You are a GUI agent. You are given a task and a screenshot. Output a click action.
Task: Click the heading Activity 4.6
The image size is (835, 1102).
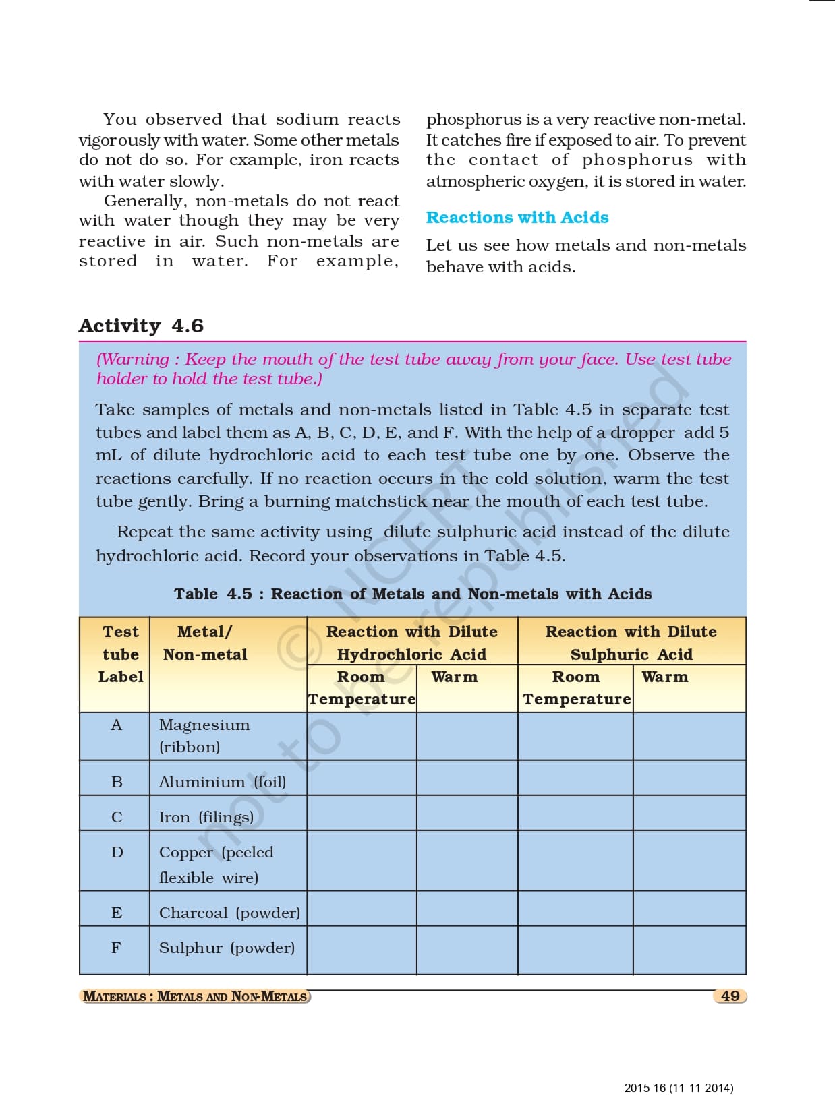coord(141,326)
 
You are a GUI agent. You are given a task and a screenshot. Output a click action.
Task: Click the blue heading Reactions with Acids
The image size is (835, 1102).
coord(517,218)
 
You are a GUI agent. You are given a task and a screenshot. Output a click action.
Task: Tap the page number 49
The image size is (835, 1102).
coord(730,996)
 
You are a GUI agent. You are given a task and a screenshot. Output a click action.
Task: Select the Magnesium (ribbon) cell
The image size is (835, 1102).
coord(204,735)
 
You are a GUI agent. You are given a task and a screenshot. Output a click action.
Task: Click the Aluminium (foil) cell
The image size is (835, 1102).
coord(222,782)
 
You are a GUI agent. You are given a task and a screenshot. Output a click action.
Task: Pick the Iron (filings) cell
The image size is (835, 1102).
coord(206,817)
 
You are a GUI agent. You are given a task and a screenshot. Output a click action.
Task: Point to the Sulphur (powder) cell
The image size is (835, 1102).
coord(227,948)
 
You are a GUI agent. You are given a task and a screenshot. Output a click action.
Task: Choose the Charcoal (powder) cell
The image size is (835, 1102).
coord(229,913)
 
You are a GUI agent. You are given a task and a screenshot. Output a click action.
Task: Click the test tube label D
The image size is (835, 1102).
coord(117,852)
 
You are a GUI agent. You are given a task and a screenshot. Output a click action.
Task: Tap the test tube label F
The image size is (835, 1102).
coord(116,948)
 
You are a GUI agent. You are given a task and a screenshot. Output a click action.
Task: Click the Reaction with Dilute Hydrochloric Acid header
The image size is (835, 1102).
coord(411,642)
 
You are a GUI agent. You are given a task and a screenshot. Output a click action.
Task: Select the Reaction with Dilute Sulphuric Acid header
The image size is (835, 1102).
coord(631,642)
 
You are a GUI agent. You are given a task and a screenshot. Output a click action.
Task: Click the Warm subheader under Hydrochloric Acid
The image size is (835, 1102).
coord(454,677)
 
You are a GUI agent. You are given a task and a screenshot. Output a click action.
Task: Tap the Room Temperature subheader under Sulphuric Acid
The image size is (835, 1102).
coord(576,687)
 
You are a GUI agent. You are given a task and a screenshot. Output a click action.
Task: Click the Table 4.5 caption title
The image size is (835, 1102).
coord(413,594)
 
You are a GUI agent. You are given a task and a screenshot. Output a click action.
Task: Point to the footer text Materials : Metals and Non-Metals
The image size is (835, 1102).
coord(195,996)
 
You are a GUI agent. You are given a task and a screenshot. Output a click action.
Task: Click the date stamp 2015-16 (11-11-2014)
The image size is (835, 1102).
coord(679,1087)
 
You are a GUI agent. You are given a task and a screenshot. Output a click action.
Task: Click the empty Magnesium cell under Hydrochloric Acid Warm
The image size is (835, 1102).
coord(467,736)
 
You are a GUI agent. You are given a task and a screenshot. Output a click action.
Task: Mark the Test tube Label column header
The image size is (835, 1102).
coord(121,654)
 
